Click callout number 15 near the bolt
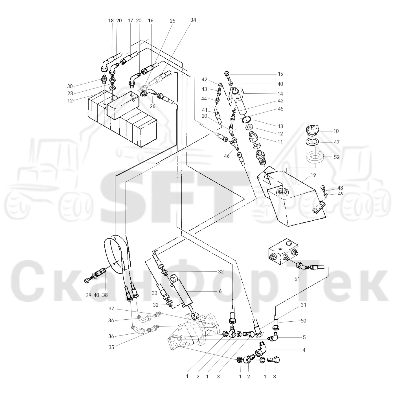point(280,74)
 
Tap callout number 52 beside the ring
point(337,157)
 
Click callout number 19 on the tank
point(313,175)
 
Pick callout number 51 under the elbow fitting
point(297,279)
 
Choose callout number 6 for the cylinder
point(220,291)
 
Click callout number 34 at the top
point(193,20)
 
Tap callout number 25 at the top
point(173,21)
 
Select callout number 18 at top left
point(111,21)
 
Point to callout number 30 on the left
point(70,86)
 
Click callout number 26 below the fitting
point(153,106)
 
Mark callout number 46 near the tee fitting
point(227,156)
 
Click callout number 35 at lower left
point(111,347)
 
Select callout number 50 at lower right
point(303,321)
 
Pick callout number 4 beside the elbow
point(304,350)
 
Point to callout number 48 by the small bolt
point(340,188)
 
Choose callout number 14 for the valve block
point(280,94)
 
